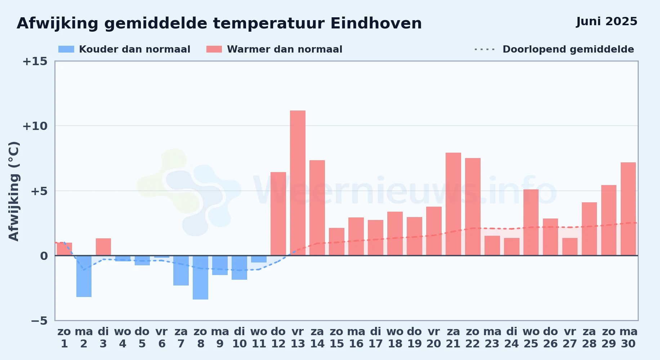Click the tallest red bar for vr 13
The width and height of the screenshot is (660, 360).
(x=298, y=183)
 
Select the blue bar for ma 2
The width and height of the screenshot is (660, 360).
(x=84, y=276)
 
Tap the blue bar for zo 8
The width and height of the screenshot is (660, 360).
(x=200, y=278)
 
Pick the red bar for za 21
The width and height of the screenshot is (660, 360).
(x=453, y=204)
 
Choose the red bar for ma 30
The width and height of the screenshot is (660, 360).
(x=628, y=209)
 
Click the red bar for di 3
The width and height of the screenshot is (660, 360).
(x=103, y=247)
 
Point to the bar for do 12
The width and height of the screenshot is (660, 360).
(x=278, y=214)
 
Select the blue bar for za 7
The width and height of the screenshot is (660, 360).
(x=181, y=270)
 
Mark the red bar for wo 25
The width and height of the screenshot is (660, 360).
(x=531, y=222)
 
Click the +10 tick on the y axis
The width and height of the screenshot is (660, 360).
(x=35, y=126)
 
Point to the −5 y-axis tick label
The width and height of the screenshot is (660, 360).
(x=39, y=321)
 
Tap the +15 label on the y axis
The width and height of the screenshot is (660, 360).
(x=35, y=61)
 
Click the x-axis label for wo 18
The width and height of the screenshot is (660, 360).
(x=395, y=338)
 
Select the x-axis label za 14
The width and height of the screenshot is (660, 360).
(x=317, y=338)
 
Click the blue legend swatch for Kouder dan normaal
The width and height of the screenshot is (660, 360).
(x=66, y=49)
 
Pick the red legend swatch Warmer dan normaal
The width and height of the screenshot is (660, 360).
(x=214, y=49)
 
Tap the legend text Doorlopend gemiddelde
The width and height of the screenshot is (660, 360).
(x=568, y=49)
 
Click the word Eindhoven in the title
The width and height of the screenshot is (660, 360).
(x=376, y=23)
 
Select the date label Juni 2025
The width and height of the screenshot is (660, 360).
(x=607, y=21)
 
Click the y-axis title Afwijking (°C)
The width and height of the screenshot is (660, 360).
(x=14, y=191)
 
